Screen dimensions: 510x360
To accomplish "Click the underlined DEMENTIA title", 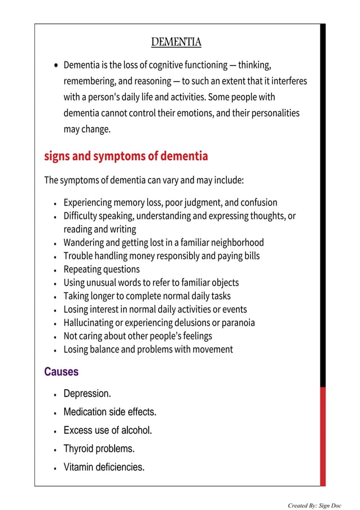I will pos(176,42).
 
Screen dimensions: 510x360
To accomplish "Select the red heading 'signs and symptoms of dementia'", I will pos(126,156).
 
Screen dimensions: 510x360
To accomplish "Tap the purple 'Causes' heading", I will pos(61,372).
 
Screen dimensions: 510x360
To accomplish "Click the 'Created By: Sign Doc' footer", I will pos(315,505).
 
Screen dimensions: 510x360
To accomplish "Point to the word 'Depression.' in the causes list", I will pos(87,393).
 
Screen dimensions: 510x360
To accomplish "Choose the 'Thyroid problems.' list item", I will pos(99,448).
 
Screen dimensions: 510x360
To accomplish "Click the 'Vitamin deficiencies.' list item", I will pos(104,467).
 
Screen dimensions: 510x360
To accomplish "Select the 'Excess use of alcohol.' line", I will pos(108,430).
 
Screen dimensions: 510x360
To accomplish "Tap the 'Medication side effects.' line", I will pos(109,412).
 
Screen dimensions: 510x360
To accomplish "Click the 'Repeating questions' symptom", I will pos(101,269).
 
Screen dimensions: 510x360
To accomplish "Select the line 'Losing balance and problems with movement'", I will pos(148,350).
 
